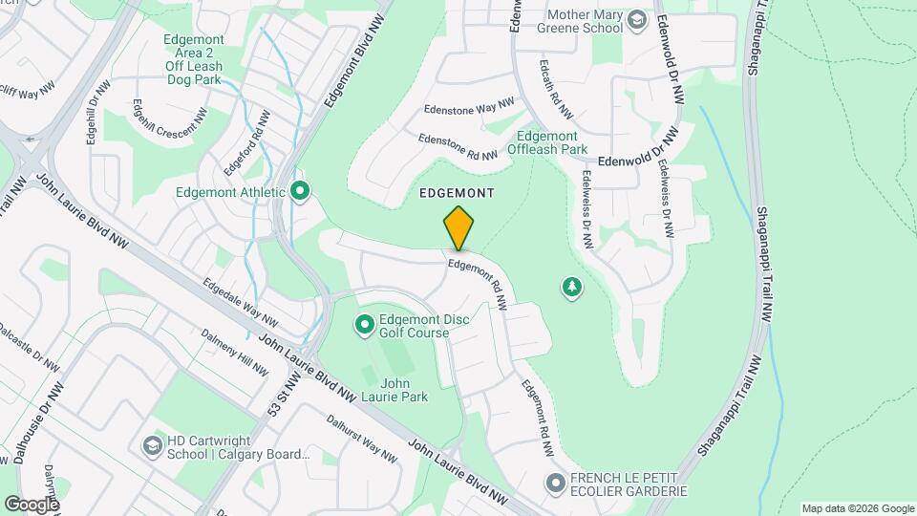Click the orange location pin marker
(458, 227)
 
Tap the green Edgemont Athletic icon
(301, 192)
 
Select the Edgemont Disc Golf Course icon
(364, 326)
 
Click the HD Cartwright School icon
(152, 447)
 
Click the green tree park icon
(571, 286)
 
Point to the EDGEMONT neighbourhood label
(457, 193)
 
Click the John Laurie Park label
(395, 389)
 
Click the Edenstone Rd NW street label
(458, 147)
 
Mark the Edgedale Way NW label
(240, 302)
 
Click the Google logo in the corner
(32, 504)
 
